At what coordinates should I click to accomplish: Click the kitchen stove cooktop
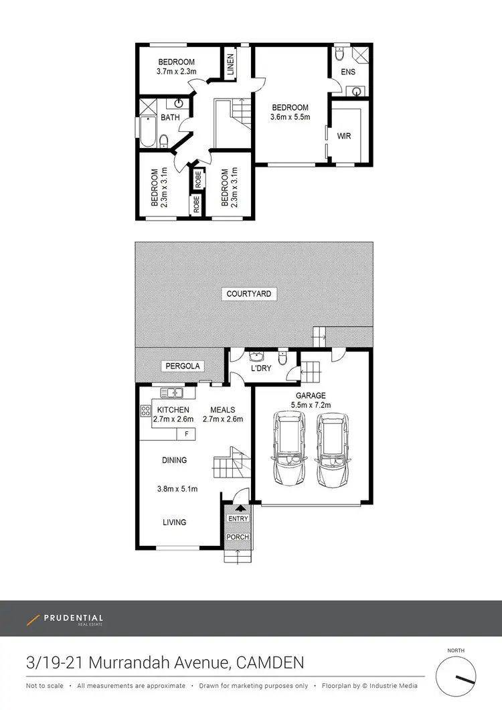[x=145, y=410]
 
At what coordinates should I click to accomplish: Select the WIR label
[x=344, y=136]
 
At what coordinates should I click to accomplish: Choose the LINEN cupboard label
[x=230, y=65]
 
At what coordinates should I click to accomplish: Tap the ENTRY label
[x=238, y=518]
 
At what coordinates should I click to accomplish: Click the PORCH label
[x=238, y=537]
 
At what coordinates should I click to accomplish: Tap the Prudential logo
[x=65, y=620]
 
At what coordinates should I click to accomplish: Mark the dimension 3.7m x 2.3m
[x=176, y=71]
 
